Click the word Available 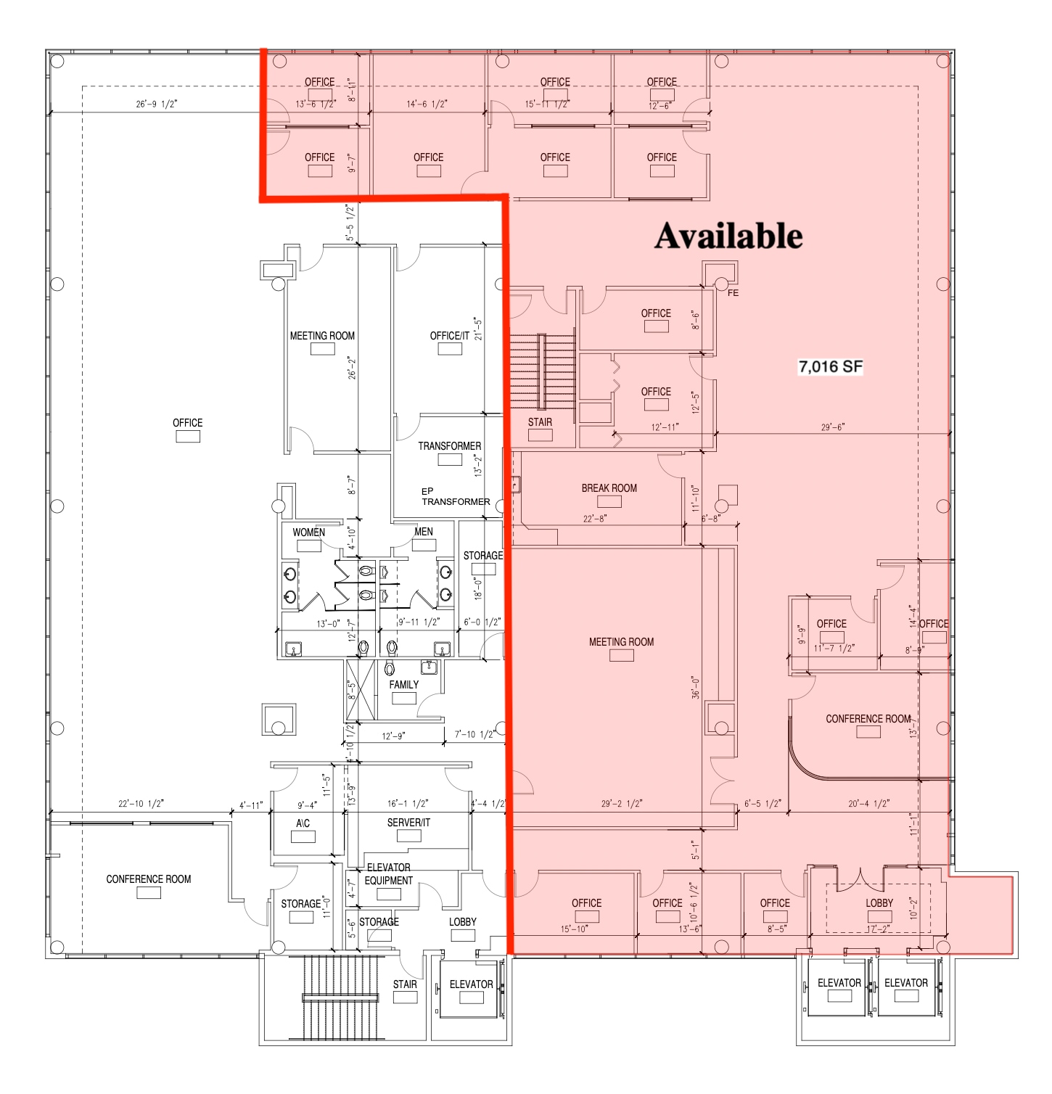point(728,236)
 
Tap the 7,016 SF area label point(830,366)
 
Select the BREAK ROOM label point(609,488)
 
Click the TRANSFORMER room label point(449,446)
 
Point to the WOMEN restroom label point(308,532)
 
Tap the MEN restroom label point(424,532)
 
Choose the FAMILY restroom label point(403,685)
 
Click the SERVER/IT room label point(408,823)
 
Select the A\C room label point(303,823)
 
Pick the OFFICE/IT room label point(449,336)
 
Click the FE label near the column point(733,293)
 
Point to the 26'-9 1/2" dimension point(156,104)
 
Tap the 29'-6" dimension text point(832,427)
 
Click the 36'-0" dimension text point(696,687)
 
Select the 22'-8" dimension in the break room point(594,519)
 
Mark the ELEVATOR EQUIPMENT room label point(388,874)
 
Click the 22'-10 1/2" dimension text point(141,804)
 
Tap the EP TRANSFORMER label point(456,497)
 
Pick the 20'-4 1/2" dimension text point(868,804)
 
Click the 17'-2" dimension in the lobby point(879,929)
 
